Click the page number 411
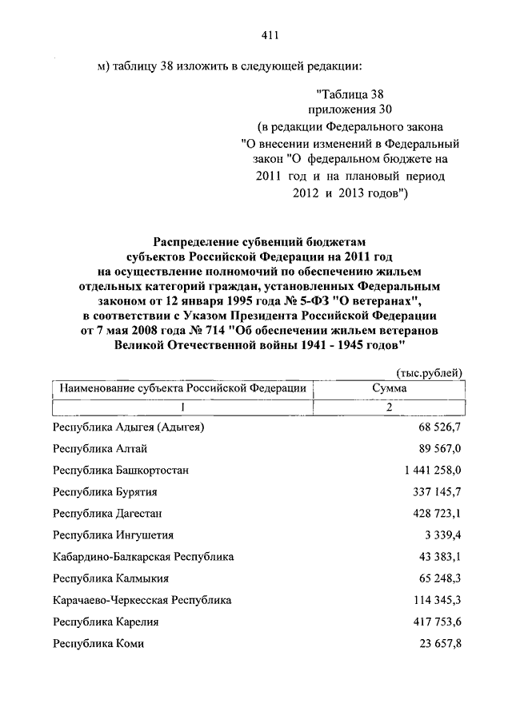click(x=269, y=34)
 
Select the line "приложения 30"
click(x=350, y=109)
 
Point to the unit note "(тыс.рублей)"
click(x=430, y=373)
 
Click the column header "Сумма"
click(x=389, y=387)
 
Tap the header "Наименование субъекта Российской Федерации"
click(x=180, y=387)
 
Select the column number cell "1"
click(x=180, y=407)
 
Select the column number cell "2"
click(x=389, y=407)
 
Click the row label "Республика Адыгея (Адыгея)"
click(x=129, y=427)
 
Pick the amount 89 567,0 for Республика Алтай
click(x=439, y=449)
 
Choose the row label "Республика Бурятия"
click(x=105, y=492)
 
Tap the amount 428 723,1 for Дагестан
click(x=436, y=514)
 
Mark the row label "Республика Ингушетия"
click(x=113, y=535)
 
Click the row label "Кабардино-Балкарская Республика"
click(x=143, y=557)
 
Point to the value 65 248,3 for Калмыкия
click(x=439, y=578)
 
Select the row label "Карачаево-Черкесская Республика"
click(x=142, y=600)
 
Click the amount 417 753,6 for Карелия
click(x=436, y=622)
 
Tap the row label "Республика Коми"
click(x=98, y=643)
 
